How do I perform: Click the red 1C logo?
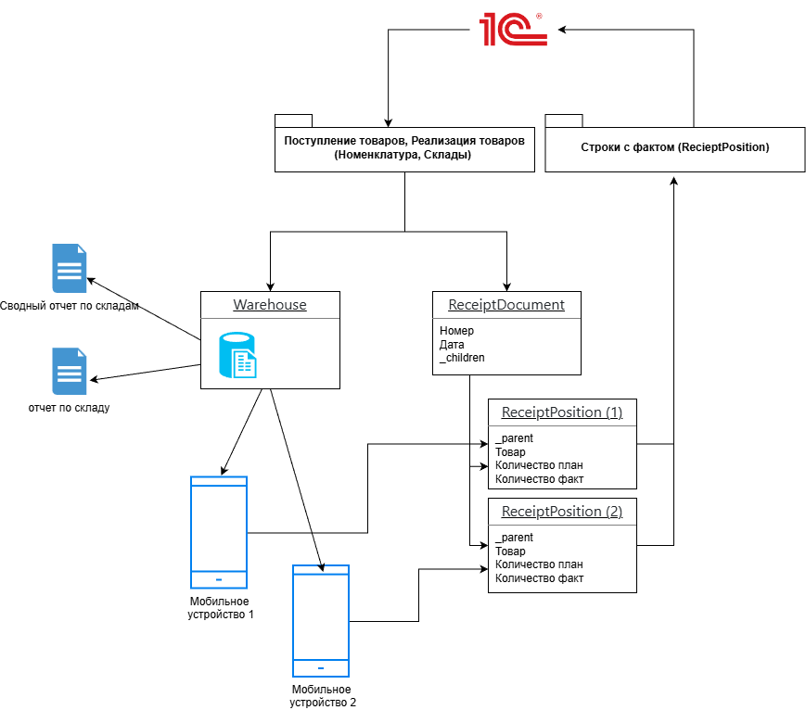coord(513,30)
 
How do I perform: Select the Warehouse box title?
coord(269,305)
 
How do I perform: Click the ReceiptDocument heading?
coord(506,305)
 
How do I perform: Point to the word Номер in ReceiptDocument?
coord(456,331)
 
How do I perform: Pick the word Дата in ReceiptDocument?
coord(452,344)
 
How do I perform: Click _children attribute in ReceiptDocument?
coord(462,357)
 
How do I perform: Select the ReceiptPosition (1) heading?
coord(561,412)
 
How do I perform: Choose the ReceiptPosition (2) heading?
coord(561,512)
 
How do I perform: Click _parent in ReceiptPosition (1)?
coord(514,438)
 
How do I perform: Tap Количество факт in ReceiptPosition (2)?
coord(539,578)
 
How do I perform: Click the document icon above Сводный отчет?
coord(70,268)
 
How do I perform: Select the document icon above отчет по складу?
coord(70,372)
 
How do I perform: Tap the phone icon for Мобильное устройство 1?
coord(219,532)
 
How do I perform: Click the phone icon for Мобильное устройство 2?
coord(321,620)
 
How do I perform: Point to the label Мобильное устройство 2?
coord(321,696)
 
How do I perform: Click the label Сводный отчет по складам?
coord(69,306)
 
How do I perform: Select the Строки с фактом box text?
coord(674,147)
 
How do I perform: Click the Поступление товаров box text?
coord(404,148)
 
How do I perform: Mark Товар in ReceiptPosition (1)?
coord(510,451)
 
